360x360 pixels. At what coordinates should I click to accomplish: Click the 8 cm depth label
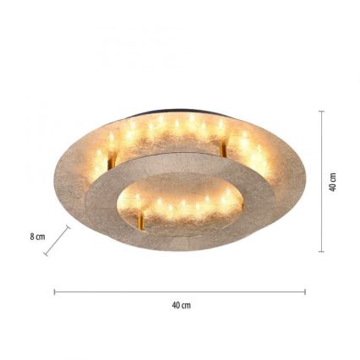[x=37, y=238]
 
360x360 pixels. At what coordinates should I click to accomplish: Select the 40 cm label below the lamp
[x=180, y=305]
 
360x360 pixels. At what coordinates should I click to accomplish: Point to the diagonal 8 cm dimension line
[x=57, y=241]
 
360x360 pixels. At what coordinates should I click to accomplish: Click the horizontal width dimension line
[x=179, y=292]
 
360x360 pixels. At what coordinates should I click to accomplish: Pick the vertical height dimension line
[x=321, y=181]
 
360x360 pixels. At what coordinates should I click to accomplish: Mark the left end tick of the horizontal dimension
[x=55, y=292]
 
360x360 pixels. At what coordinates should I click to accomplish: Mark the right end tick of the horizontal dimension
[x=305, y=292]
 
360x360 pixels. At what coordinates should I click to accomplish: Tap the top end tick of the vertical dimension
[x=321, y=110]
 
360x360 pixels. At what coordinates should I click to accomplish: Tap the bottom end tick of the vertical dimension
[x=321, y=251]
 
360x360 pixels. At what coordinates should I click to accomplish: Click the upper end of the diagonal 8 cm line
[x=68, y=227]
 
